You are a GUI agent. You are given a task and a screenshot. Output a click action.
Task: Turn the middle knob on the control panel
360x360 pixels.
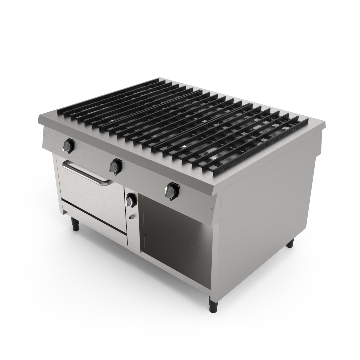[116, 165]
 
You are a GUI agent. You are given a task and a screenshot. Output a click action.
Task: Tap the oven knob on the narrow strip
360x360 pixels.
[130, 200]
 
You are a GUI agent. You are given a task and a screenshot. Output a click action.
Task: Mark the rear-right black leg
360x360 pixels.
[290, 243]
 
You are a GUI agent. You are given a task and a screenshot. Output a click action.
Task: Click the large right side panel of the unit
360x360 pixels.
[267, 207]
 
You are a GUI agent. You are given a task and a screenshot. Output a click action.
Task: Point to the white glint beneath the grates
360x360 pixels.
[184, 146]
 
